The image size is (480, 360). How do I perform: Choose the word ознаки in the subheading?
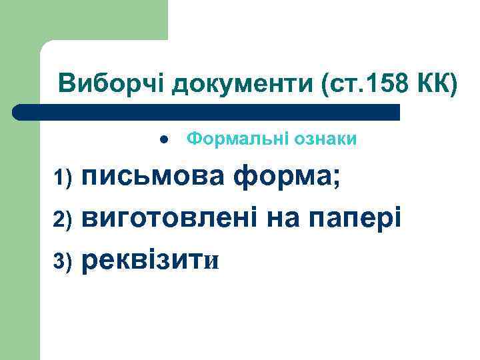tap(324, 139)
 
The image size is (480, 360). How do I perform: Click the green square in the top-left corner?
tap(83, 20)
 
